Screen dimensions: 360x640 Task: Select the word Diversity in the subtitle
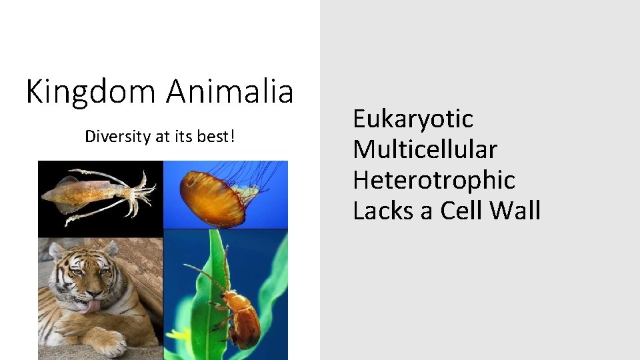pos(118,137)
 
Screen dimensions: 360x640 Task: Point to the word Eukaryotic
pos(413,119)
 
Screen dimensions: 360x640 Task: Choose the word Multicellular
pos(425,149)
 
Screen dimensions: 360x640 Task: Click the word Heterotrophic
pos(434,180)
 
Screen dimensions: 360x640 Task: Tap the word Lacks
pos(384,211)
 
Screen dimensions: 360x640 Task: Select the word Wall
pos(515,211)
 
